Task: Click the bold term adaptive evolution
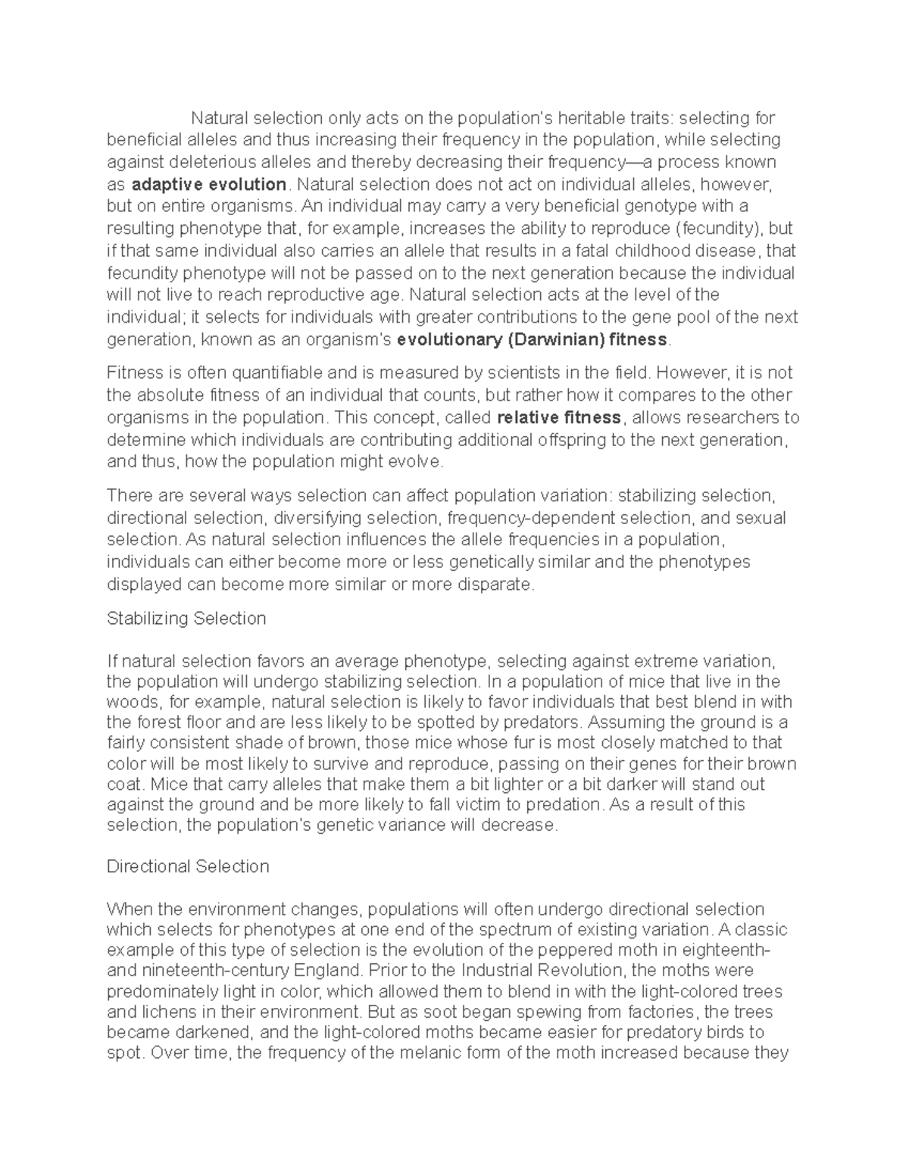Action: (209, 185)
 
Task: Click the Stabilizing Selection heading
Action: (186, 619)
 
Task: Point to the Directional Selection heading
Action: (188, 866)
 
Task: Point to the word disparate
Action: (495, 585)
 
